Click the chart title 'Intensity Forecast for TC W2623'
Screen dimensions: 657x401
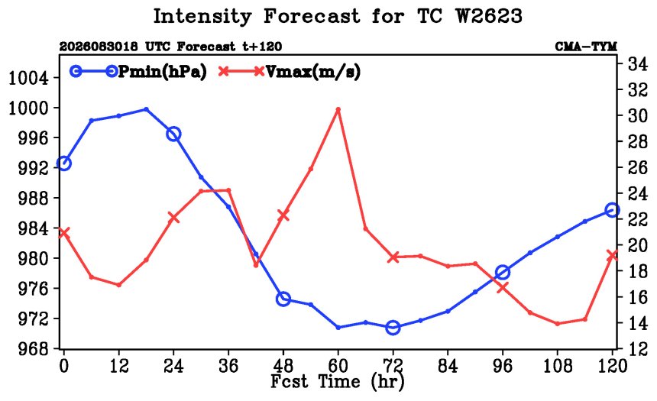click(x=338, y=17)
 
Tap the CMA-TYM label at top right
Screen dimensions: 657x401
click(x=586, y=47)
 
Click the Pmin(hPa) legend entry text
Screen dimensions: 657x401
click(x=163, y=72)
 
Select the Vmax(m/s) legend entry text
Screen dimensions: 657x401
click(x=313, y=72)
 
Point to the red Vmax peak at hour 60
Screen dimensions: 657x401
click(x=338, y=109)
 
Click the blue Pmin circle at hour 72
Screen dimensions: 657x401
click(x=393, y=327)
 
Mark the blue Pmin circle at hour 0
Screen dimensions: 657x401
click(x=63, y=163)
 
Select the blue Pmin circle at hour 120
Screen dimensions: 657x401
click(x=612, y=210)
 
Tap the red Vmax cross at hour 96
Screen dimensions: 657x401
click(x=503, y=287)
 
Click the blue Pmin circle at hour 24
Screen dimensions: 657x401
click(x=173, y=134)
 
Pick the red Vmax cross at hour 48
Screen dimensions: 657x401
click(x=283, y=215)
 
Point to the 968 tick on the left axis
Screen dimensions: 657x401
click(x=33, y=349)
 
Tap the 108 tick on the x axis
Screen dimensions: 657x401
click(x=557, y=367)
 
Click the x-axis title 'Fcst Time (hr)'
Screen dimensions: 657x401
click(x=338, y=382)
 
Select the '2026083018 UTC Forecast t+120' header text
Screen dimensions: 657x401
click(x=170, y=47)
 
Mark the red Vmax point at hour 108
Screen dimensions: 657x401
click(x=557, y=324)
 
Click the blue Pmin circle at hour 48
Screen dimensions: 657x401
click(x=283, y=299)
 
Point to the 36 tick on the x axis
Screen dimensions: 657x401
click(x=228, y=367)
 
